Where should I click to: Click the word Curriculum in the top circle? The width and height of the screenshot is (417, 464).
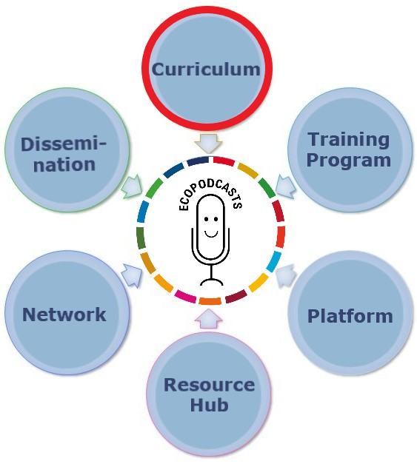(206, 70)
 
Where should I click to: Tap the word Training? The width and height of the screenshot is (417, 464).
(349, 139)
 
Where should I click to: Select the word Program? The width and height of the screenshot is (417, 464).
(349, 161)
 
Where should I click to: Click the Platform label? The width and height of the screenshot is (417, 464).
(350, 316)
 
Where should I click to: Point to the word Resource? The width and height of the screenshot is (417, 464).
(209, 385)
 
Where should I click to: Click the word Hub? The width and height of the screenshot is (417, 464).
(209, 405)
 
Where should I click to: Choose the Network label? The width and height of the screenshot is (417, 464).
(64, 315)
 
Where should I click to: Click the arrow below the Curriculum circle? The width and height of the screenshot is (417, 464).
(208, 144)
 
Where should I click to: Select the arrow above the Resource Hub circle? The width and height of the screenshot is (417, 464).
(208, 319)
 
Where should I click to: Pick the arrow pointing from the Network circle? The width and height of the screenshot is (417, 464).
(133, 275)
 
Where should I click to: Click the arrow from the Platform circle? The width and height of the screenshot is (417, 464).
(286, 275)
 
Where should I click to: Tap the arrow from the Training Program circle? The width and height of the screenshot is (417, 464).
(285, 186)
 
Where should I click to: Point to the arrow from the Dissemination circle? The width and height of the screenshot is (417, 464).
(132, 186)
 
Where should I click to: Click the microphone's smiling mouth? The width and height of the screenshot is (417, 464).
(211, 234)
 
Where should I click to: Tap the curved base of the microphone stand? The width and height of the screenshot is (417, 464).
(211, 281)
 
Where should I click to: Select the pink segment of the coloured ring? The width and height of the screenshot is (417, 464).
(185, 297)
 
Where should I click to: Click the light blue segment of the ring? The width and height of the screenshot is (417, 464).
(274, 261)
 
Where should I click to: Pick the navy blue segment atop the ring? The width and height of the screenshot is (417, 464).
(199, 161)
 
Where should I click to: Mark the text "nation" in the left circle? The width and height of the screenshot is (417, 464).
(64, 164)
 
